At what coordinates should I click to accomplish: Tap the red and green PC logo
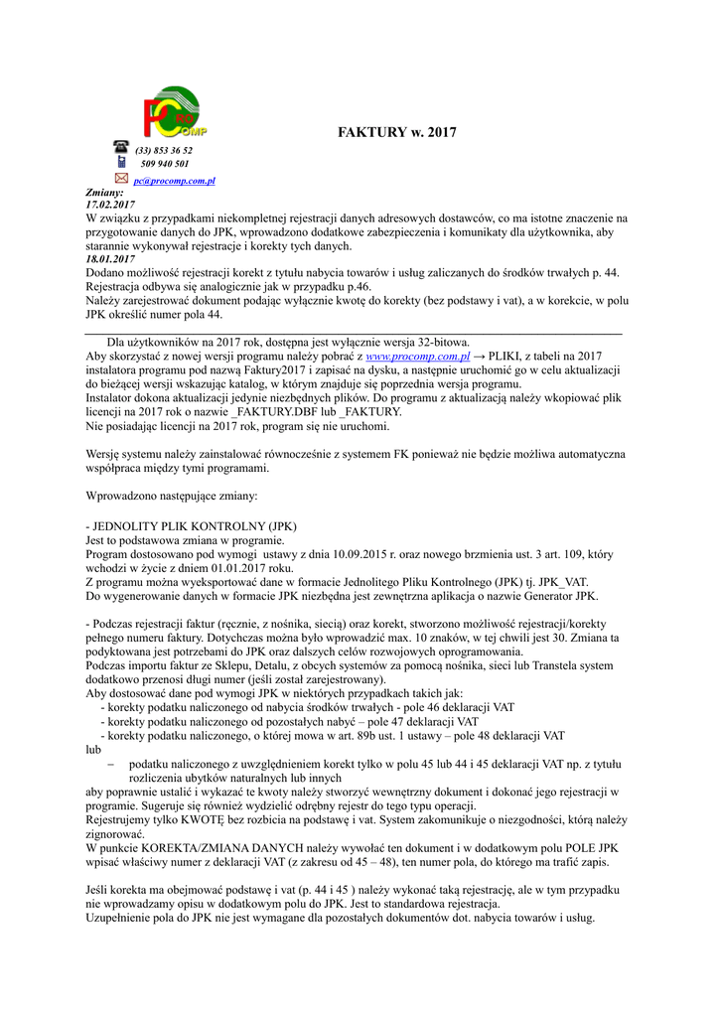click(x=174, y=115)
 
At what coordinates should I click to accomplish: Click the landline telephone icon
click(x=121, y=147)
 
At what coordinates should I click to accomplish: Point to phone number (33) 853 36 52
click(x=164, y=151)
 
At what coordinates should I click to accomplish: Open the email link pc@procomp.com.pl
click(x=175, y=181)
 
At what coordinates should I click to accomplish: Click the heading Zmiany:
click(x=104, y=192)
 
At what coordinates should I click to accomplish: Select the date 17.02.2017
click(x=110, y=205)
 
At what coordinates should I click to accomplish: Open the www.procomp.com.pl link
click(x=417, y=356)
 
